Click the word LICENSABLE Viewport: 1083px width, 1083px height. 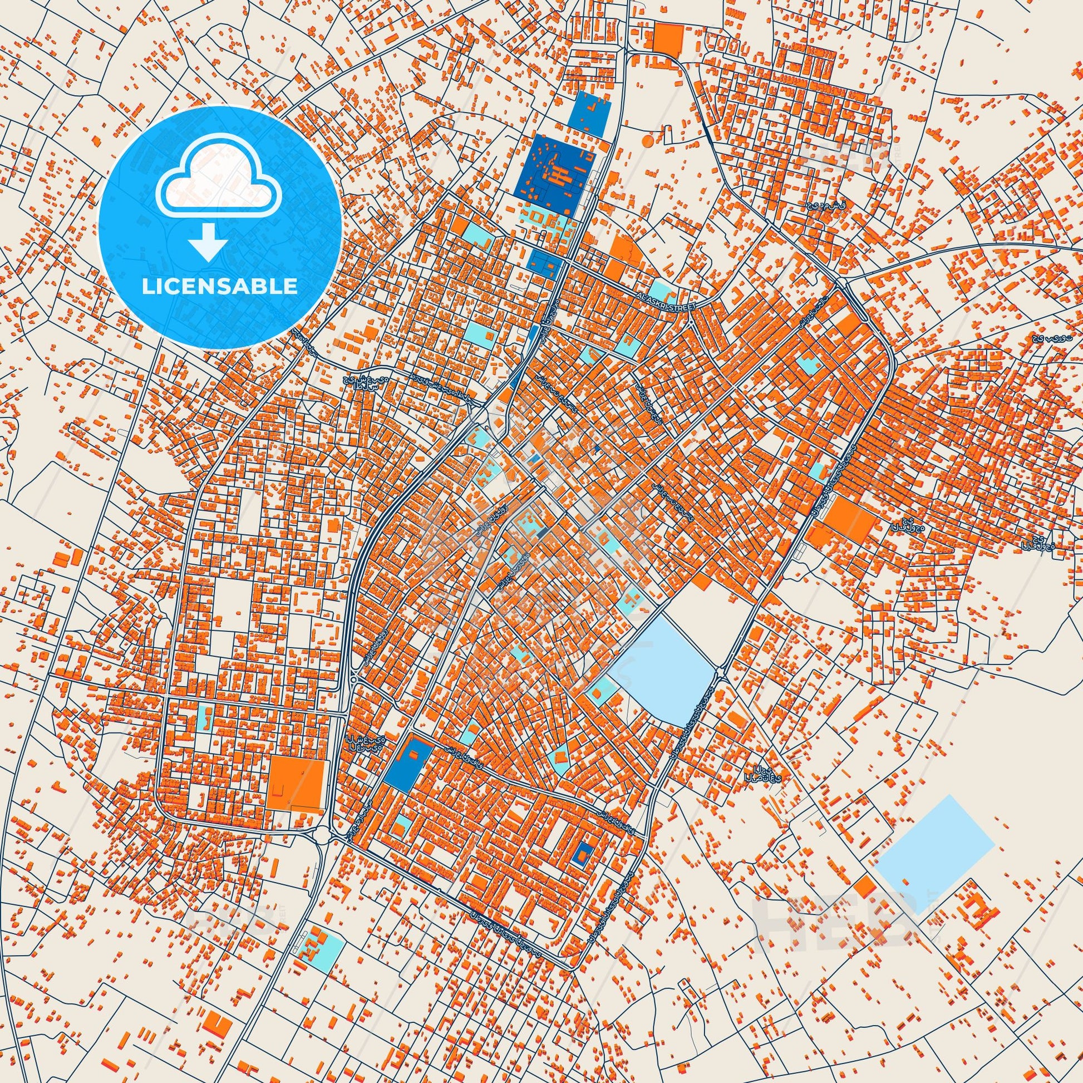(x=220, y=287)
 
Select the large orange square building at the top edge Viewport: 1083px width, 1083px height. (x=668, y=40)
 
